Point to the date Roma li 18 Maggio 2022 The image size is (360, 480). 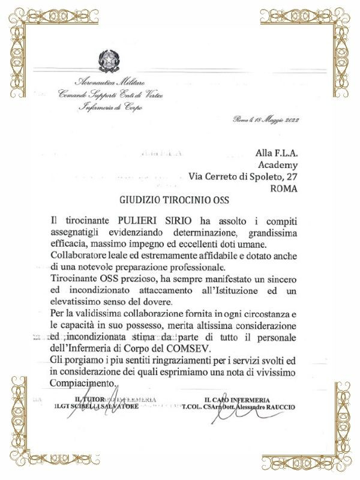pos(266,119)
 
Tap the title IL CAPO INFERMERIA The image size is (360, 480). pos(236,400)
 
